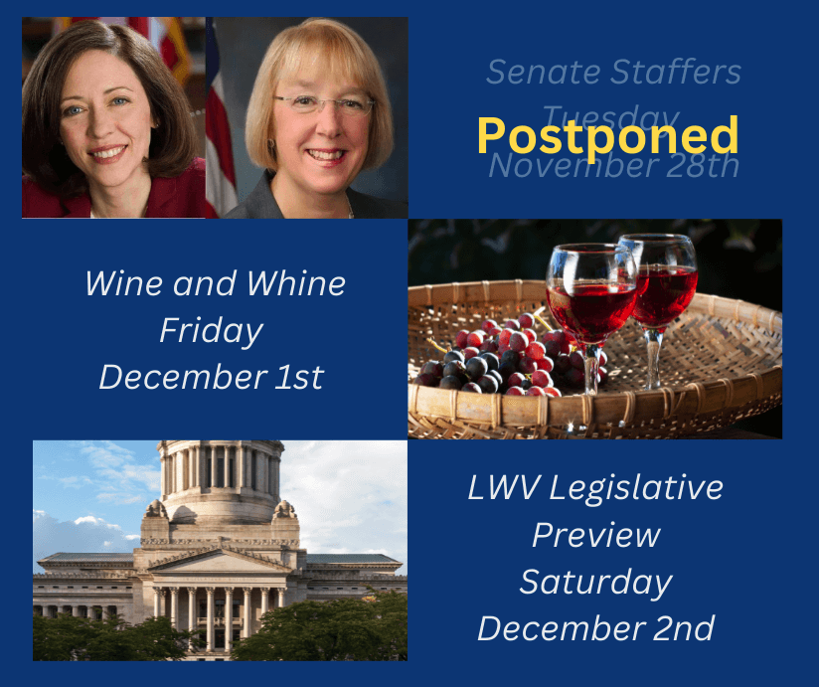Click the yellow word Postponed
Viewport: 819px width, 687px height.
tap(607, 136)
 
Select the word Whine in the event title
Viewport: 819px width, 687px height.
tap(295, 283)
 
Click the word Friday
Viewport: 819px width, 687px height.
tap(212, 331)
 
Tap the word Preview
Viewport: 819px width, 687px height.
tap(596, 535)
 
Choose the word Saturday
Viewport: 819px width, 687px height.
tap(596, 583)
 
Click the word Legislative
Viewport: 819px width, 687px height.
tap(636, 489)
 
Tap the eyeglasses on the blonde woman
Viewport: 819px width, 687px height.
tap(323, 104)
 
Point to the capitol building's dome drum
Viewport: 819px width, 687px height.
tap(221, 467)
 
